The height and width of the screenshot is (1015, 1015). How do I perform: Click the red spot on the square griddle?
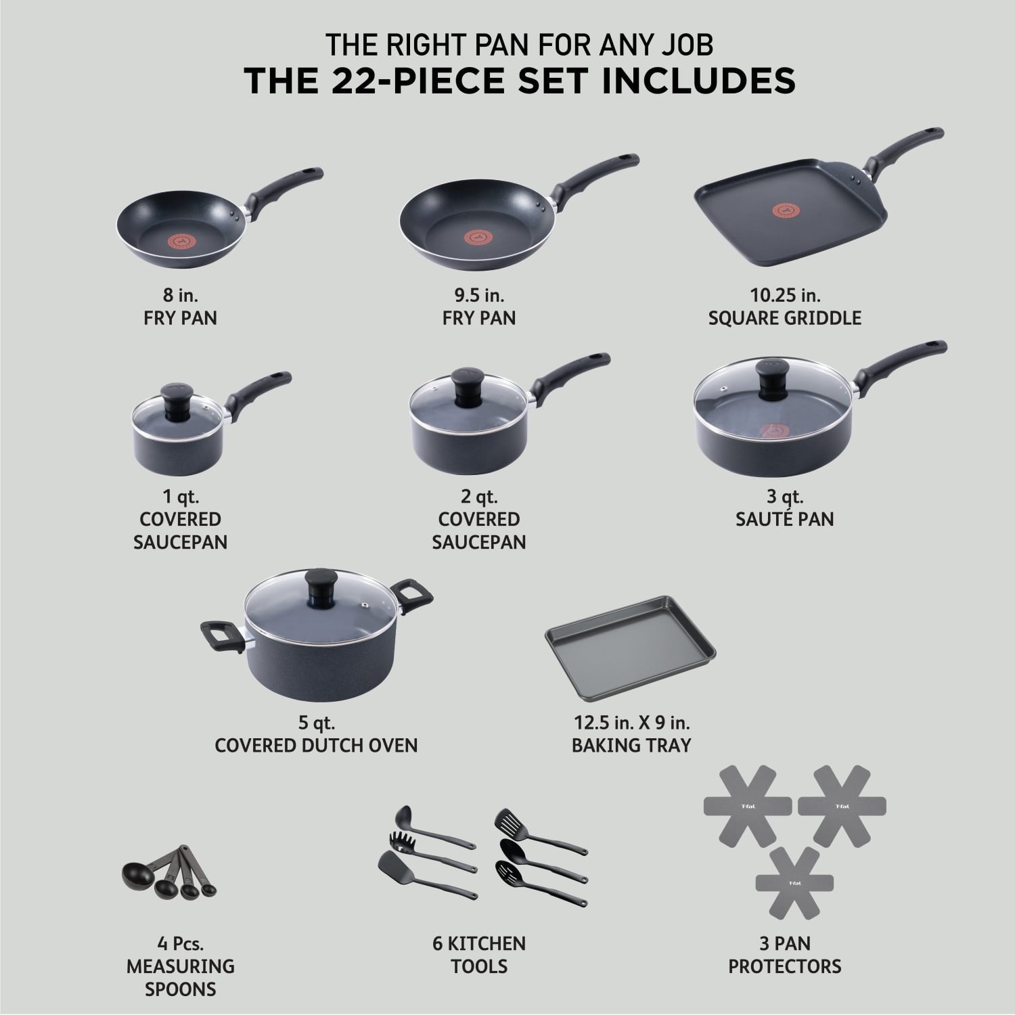[769, 229]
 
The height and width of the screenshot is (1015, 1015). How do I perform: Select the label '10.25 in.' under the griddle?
[784, 295]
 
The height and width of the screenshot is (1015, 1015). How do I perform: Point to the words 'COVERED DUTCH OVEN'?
[316, 745]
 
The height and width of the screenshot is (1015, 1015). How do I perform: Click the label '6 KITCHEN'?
[479, 943]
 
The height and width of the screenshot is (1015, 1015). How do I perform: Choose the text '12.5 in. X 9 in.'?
[631, 722]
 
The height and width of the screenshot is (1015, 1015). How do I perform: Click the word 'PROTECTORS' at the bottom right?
[784, 966]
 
